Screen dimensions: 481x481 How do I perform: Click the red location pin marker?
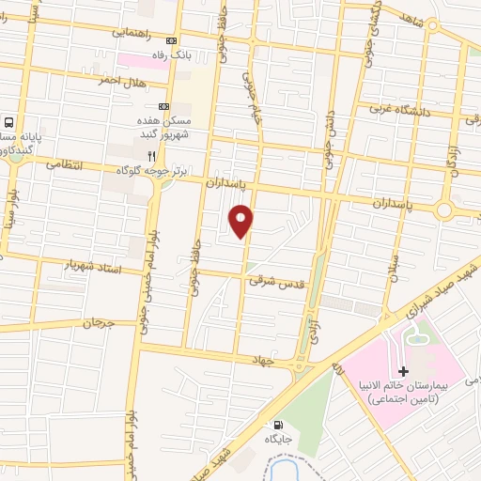(241, 220)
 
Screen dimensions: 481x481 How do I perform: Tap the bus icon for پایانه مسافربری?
(8, 122)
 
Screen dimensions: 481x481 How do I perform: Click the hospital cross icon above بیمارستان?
(403, 372)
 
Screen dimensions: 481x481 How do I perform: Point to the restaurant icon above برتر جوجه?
(148, 154)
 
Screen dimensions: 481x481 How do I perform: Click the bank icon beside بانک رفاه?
(170, 41)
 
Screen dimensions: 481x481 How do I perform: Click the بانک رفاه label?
(200, 55)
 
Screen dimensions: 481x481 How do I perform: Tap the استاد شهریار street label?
(93, 266)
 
